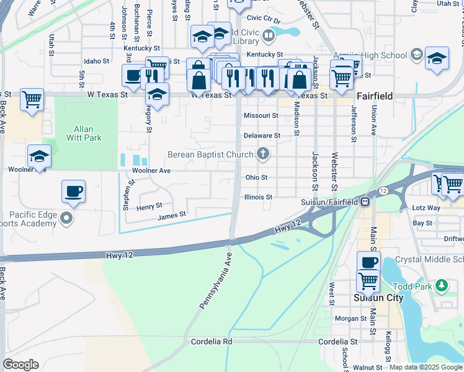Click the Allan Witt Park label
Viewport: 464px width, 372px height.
tap(83, 130)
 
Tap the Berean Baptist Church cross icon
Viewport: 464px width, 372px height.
tap(264, 154)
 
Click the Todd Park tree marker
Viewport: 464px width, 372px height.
tap(441, 285)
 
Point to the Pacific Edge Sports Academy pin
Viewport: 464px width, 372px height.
tap(68, 218)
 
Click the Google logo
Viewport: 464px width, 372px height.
tap(20, 365)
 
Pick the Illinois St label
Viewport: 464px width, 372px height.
tap(259, 197)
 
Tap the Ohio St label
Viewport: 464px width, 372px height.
tap(256, 177)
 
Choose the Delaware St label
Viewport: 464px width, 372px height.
tap(262, 135)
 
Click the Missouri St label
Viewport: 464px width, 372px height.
tap(261, 116)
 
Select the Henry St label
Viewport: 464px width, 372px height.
tap(149, 205)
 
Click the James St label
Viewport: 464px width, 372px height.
tap(172, 215)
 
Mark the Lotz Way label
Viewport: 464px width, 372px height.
tap(427, 208)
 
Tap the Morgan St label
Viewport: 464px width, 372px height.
tap(351, 319)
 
